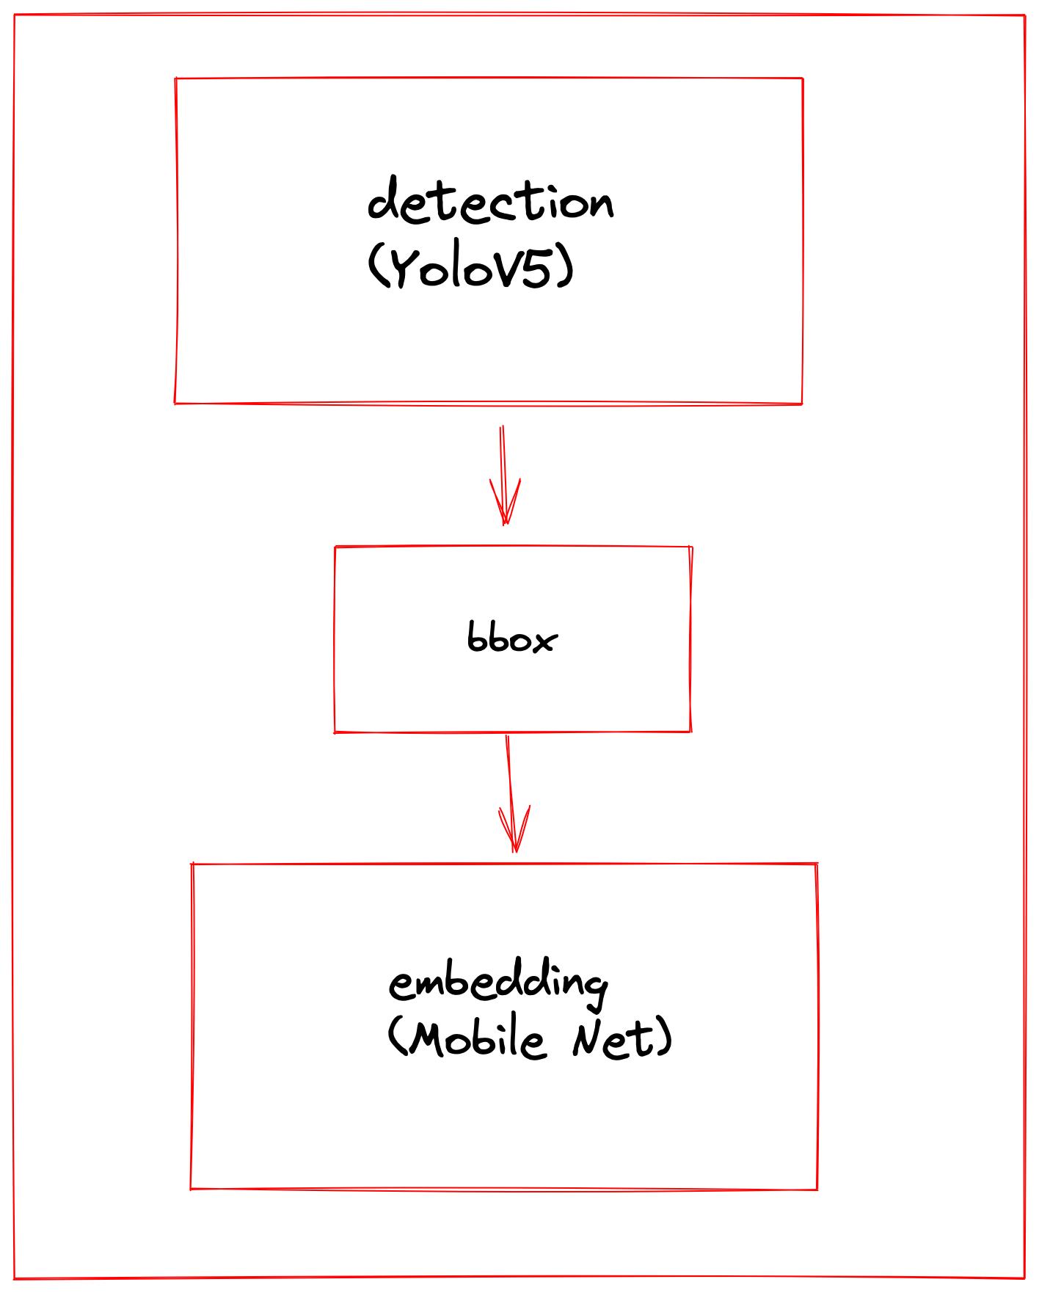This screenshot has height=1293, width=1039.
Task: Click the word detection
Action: (x=490, y=200)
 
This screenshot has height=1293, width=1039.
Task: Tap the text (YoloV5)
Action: (x=470, y=268)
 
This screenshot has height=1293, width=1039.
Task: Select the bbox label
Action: (x=512, y=638)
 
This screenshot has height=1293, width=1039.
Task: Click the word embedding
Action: (x=498, y=983)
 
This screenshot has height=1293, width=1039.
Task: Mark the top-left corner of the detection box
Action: (x=176, y=79)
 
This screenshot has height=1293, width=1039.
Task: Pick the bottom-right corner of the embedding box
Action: (x=817, y=1189)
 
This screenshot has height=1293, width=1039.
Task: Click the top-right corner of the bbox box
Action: (x=691, y=547)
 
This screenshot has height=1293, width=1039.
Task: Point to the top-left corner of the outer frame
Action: (x=15, y=15)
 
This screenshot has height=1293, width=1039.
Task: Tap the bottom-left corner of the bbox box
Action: (x=335, y=732)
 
